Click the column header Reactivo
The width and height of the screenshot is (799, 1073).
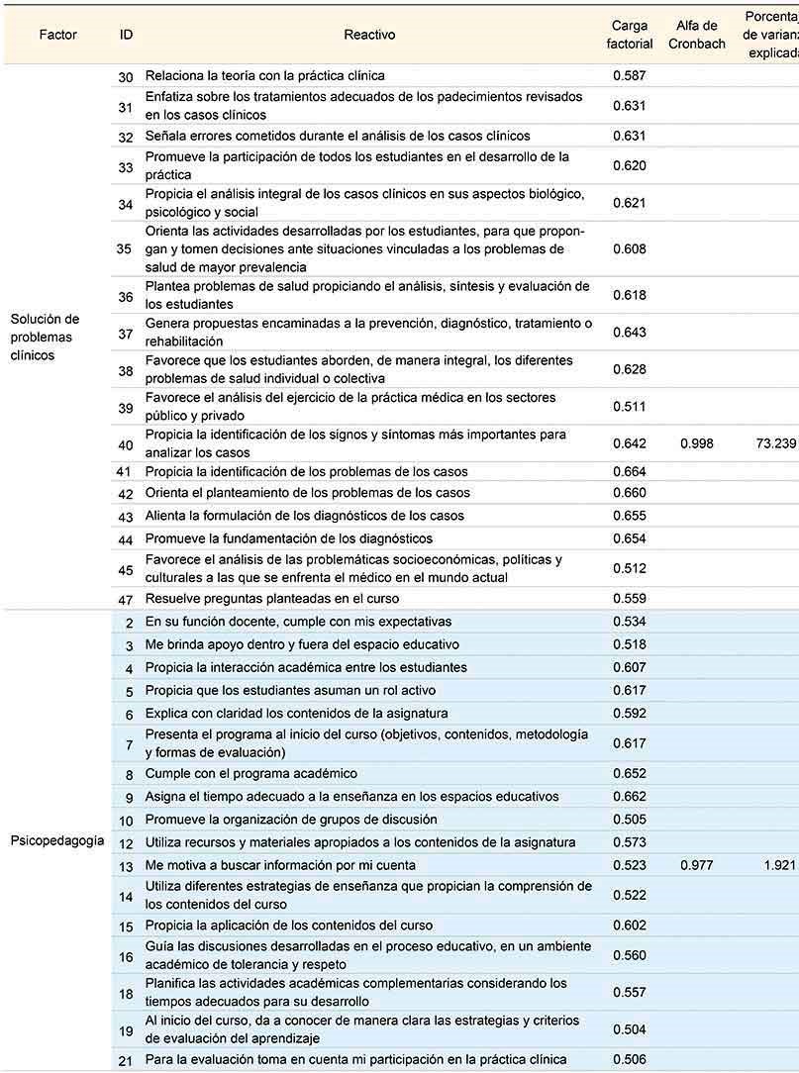[369, 35]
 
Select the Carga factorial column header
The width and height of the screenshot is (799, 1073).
[630, 35]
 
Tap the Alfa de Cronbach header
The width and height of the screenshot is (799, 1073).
[697, 35]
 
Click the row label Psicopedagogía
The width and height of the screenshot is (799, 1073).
[57, 841]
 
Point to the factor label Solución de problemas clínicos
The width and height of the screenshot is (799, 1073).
[45, 337]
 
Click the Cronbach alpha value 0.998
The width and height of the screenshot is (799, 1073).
[697, 443]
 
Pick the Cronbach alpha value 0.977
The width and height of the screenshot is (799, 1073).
[697, 865]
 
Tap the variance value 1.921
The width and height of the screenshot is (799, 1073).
[780, 865]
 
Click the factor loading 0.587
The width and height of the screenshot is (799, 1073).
[630, 75]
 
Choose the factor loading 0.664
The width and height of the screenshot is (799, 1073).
[630, 472]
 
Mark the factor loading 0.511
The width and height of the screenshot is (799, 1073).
[630, 407]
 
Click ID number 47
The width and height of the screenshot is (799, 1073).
[126, 599]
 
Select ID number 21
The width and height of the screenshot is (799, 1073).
[126, 1060]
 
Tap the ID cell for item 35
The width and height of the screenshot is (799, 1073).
[124, 248]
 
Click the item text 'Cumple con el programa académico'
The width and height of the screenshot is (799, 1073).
[250, 773]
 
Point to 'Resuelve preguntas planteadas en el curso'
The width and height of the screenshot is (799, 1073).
[272, 599]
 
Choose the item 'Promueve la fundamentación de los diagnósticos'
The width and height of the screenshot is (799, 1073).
[288, 538]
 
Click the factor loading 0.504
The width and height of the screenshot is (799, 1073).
[630, 1028]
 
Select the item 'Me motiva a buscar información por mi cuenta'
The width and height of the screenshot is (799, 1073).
[281, 865]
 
